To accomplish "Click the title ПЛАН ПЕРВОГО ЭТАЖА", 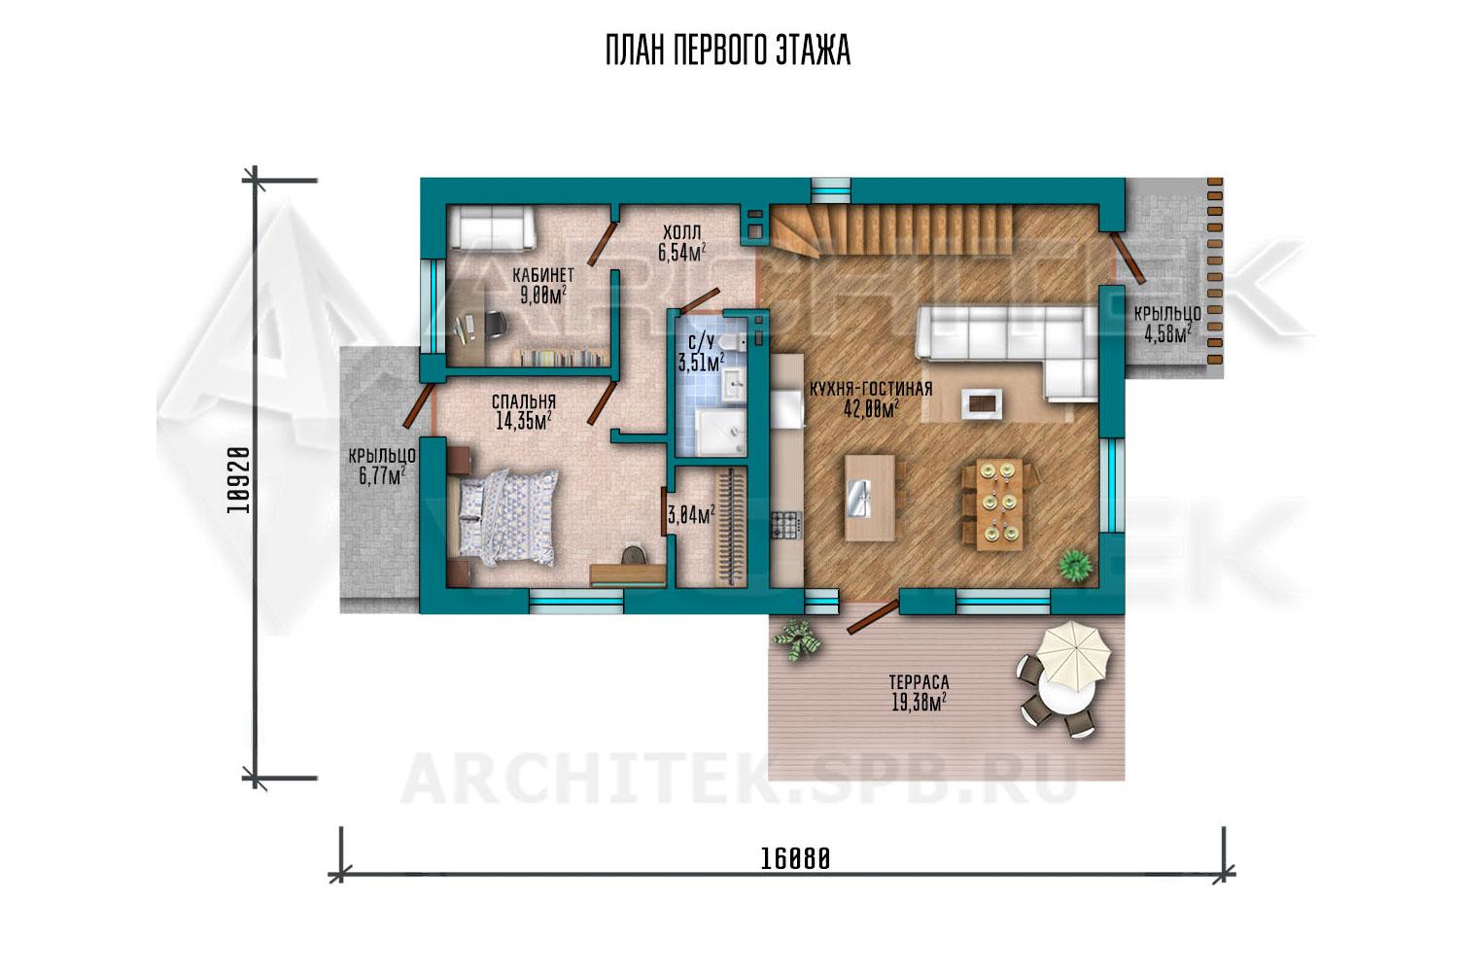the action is point(728,51).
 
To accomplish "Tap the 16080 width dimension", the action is point(795,858).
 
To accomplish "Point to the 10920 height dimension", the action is point(238,480).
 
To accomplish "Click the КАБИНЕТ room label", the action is point(542,275).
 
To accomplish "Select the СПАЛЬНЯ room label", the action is point(524,401).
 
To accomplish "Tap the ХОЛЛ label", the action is point(682,231).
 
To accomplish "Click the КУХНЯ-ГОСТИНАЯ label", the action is point(871,389).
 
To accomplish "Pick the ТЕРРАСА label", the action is point(920,682).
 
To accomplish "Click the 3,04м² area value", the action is point(690,515).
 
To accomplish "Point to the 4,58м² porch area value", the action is point(1167,333).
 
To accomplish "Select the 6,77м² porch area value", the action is point(382,475).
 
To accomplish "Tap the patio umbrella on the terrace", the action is point(1073,655).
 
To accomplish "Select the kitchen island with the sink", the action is point(870,498).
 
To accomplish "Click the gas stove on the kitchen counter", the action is point(786,525).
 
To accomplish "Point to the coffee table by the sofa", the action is point(982,403).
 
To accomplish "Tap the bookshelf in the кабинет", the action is point(561,358).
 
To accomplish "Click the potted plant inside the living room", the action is point(1075,565).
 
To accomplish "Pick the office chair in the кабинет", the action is point(493,326).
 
